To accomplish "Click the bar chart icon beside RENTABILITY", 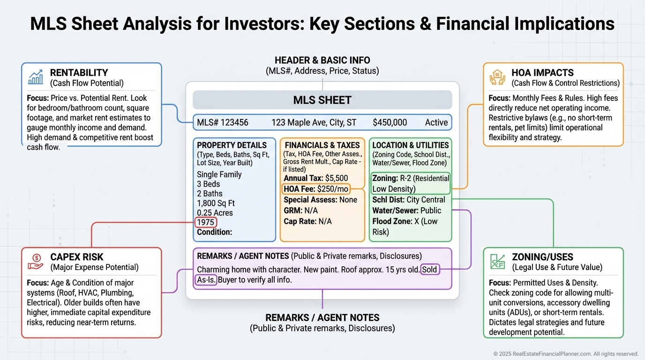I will (35, 77).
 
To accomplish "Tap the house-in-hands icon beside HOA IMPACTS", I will (497, 77).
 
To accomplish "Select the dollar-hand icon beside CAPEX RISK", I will (35, 262).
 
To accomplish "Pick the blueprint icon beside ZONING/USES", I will (497, 262).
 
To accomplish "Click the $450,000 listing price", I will (390, 122).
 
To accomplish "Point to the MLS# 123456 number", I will (223, 122).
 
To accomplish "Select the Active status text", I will (436, 122).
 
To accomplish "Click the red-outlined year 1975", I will (206, 222).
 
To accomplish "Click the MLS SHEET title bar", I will (322, 100).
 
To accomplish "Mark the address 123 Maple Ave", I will (314, 122).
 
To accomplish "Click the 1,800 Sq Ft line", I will (216, 203).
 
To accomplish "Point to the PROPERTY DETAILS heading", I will (232, 145).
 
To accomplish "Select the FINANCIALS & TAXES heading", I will (322, 145).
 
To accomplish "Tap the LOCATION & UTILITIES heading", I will (411, 145).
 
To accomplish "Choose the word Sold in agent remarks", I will (430, 270).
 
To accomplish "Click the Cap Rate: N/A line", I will (307, 221).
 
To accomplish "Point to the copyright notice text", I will (566, 354).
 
